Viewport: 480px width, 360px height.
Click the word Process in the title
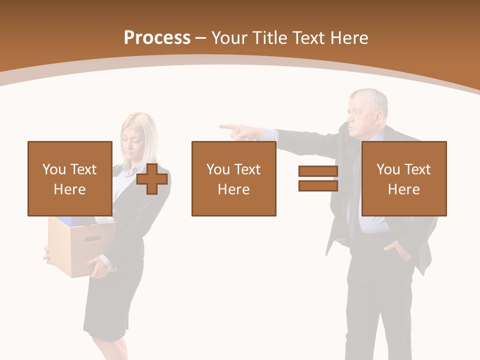coord(157,38)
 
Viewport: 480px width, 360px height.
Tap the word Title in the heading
coord(270,38)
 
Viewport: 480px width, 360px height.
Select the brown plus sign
coord(152,179)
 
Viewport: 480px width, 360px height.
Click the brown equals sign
coord(318,178)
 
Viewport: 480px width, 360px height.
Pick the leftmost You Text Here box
coord(70,178)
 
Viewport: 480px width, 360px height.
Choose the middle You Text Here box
coord(233,178)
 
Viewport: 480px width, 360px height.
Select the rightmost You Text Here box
coord(403,178)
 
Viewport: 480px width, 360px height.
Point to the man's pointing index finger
coord(226,127)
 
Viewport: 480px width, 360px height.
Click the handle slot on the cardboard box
coord(92,238)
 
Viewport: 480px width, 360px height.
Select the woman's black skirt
coord(112,300)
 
